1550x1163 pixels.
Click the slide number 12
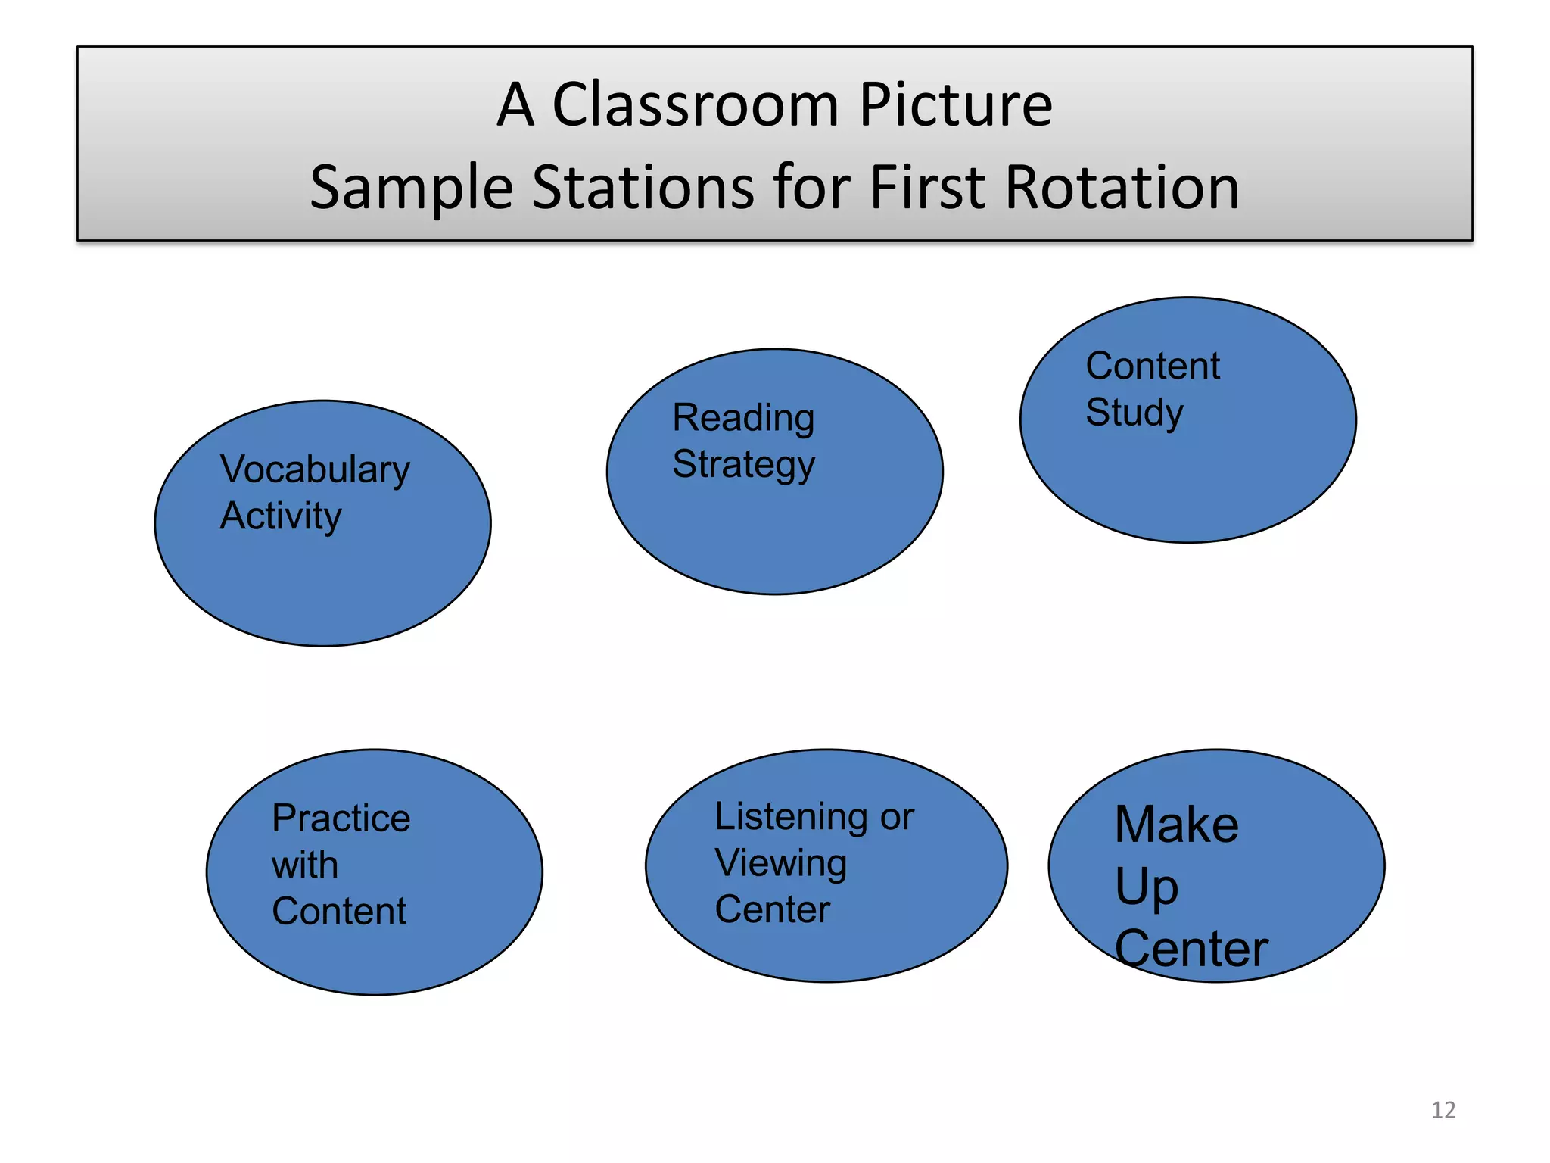click(1443, 1110)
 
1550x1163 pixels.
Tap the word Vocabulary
click(315, 471)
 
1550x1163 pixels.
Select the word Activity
click(281, 517)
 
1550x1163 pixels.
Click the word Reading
click(743, 419)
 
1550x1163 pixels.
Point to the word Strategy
click(743, 465)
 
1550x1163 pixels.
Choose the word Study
click(1134, 413)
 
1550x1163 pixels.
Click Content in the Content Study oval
click(1153, 366)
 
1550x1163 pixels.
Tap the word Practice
click(341, 818)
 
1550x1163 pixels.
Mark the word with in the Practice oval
click(304, 865)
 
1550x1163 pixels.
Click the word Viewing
click(780, 864)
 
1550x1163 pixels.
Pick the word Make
click(1176, 825)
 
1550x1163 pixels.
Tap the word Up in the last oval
click(1146, 887)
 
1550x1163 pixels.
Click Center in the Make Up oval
click(1191, 949)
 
